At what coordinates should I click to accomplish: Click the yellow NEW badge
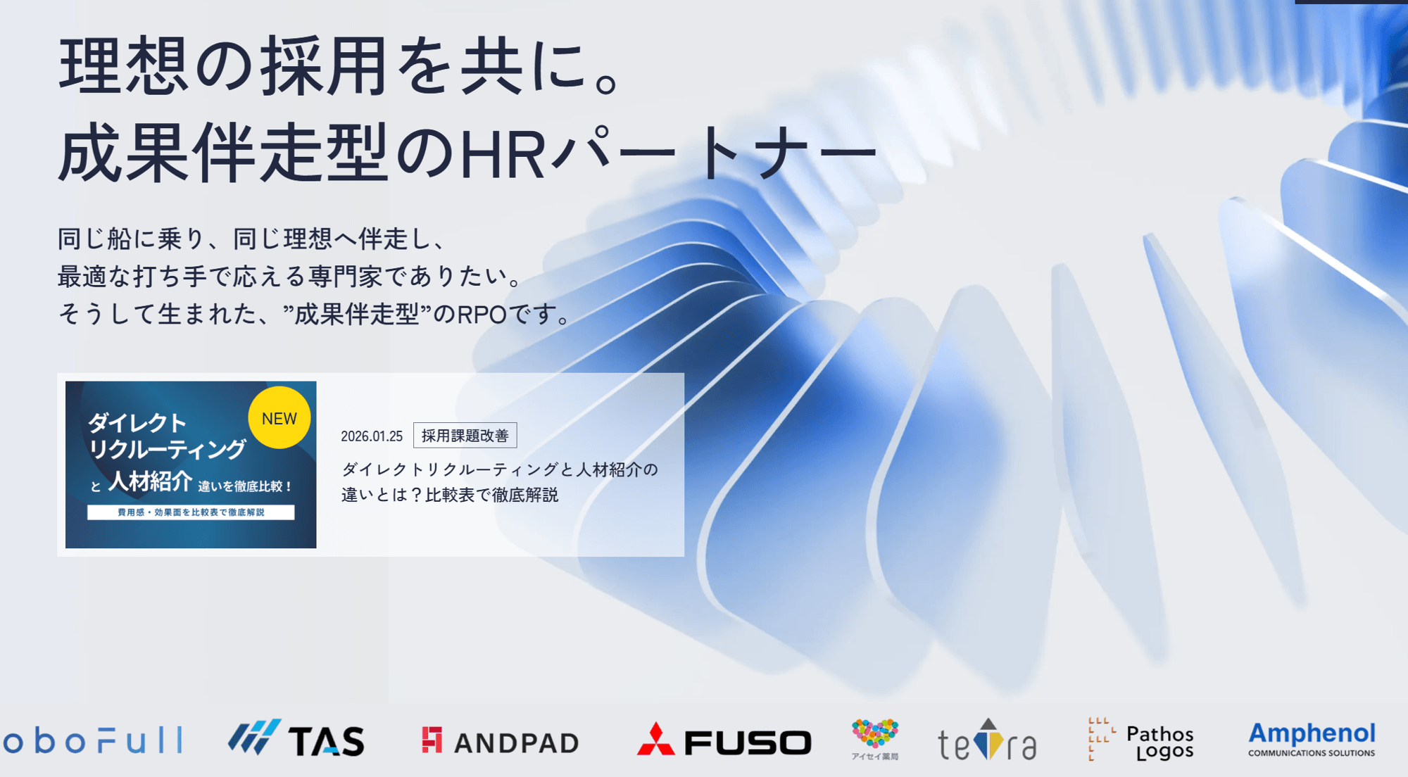click(279, 418)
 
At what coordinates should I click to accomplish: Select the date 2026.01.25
click(372, 436)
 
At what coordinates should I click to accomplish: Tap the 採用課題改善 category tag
click(465, 436)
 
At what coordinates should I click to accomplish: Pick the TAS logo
click(296, 740)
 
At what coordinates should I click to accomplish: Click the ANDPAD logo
click(501, 742)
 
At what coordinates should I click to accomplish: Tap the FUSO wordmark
click(748, 743)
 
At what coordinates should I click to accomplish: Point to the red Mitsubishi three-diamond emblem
click(655, 739)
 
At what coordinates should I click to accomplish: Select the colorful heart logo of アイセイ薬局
click(875, 735)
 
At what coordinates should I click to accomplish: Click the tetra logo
click(987, 741)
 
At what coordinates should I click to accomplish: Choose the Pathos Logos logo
click(1141, 741)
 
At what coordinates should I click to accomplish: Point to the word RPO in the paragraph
click(482, 315)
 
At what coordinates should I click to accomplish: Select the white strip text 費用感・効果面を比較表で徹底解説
click(191, 512)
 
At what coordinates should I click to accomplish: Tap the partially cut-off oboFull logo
click(92, 741)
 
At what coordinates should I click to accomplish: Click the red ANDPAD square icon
click(432, 740)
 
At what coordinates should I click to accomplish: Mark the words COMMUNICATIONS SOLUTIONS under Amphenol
click(1312, 753)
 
